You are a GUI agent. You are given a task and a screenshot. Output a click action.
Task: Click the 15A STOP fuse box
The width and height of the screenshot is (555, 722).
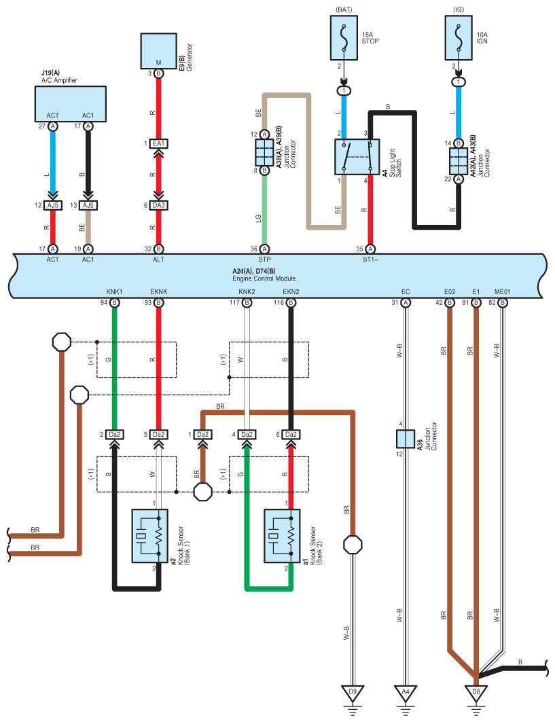[x=344, y=38]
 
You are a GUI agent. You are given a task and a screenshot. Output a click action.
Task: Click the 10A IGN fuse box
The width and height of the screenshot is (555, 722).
[x=459, y=38]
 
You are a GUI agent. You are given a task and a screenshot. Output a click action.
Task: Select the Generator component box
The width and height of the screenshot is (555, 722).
[x=158, y=51]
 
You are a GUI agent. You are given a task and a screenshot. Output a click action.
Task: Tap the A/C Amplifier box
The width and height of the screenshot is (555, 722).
[x=71, y=104]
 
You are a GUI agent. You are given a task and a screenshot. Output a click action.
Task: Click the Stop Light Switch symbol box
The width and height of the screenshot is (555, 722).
[x=357, y=157]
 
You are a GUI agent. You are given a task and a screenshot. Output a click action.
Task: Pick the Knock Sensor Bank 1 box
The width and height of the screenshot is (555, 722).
[x=149, y=536]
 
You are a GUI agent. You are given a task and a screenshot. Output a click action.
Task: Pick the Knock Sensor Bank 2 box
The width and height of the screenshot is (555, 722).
[x=282, y=536]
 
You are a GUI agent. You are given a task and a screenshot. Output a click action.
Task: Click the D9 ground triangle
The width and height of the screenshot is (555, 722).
[x=353, y=693]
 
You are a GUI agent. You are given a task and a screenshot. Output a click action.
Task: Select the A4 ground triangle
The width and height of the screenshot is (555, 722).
[x=406, y=693]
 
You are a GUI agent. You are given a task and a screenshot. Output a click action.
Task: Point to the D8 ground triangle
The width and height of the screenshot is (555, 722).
[x=476, y=693]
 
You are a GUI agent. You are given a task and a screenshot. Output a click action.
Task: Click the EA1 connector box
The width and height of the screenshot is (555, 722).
[x=158, y=144]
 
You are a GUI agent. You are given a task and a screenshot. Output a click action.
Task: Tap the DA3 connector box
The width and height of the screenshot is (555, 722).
[x=158, y=205]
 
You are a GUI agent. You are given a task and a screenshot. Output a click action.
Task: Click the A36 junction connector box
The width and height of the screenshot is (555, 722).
[x=406, y=439]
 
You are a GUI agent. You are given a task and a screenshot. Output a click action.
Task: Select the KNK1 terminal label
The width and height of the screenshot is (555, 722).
[x=114, y=292]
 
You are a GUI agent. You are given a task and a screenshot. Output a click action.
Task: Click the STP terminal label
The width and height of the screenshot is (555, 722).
[x=264, y=259]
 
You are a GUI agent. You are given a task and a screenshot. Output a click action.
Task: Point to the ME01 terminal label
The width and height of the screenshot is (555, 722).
[x=503, y=292]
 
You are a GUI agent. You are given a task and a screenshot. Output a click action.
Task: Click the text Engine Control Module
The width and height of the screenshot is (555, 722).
[x=264, y=278]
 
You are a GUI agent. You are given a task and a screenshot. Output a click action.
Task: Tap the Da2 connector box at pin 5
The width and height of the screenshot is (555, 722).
[x=158, y=435]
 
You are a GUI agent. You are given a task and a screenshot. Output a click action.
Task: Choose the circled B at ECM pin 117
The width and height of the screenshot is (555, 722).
[x=247, y=303]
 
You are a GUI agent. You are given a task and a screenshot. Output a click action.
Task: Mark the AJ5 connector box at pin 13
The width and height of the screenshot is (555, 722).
[x=88, y=205]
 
